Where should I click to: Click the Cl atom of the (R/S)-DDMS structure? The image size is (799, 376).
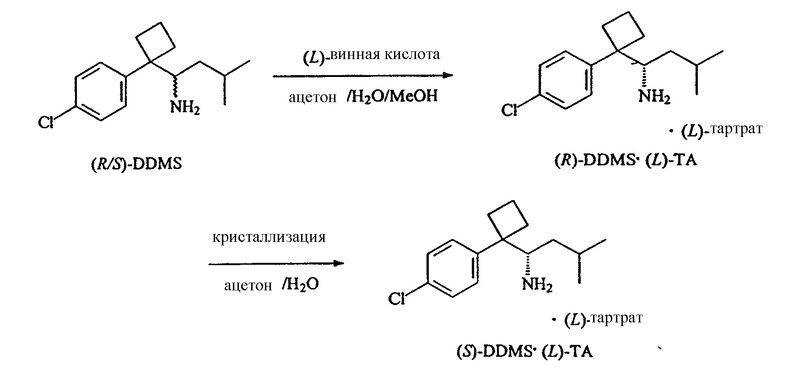(46, 122)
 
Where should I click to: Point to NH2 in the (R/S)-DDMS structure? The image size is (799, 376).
(185, 108)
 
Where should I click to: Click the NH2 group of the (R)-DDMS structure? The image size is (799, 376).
(654, 97)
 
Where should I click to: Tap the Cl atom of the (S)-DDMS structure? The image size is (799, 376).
(397, 299)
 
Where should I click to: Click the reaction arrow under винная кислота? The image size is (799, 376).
(363, 76)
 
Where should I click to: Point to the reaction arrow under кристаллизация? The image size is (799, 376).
(276, 263)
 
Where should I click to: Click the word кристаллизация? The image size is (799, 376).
(269, 237)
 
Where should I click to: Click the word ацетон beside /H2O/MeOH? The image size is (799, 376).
(313, 98)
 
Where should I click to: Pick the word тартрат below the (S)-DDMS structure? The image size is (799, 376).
(617, 318)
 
